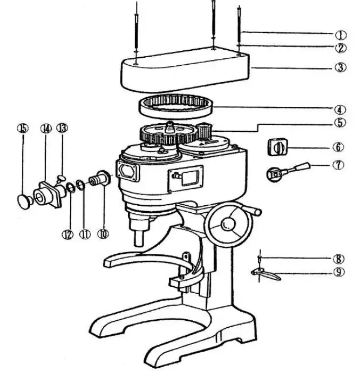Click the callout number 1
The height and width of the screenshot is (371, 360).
point(341,35)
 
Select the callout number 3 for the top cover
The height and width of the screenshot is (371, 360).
point(341,68)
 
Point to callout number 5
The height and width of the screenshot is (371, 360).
point(339,123)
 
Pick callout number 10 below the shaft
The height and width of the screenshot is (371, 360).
point(103,234)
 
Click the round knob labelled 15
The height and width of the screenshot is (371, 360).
point(24,201)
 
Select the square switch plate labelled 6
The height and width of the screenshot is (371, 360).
point(279,147)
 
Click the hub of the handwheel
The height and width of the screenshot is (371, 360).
point(228,222)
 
